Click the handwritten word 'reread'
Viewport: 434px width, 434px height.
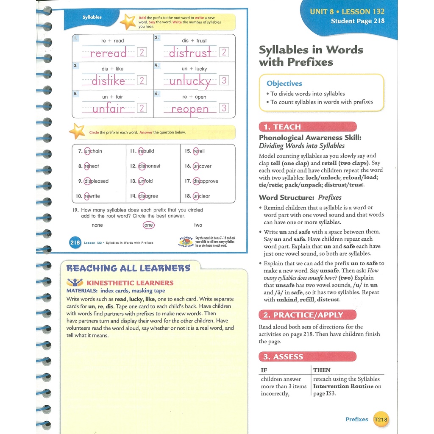(x=108, y=53)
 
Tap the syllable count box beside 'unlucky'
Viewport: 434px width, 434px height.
(x=224, y=80)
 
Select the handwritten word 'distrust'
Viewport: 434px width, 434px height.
(x=190, y=53)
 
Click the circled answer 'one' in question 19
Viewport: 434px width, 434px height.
(x=148, y=225)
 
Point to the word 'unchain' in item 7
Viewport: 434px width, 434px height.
(x=93, y=151)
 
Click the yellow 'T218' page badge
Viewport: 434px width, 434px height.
(x=380, y=420)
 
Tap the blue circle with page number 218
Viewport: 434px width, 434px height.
(x=75, y=243)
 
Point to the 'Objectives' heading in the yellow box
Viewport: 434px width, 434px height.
(x=284, y=83)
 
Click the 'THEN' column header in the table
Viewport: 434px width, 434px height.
(x=322, y=370)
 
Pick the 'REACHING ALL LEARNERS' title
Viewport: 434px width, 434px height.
(x=128, y=268)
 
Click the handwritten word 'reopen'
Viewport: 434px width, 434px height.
(x=190, y=109)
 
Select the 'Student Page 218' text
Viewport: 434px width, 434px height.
(x=358, y=21)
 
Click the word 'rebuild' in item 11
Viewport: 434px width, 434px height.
(x=146, y=151)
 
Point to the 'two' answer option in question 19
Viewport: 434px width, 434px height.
(x=198, y=225)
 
